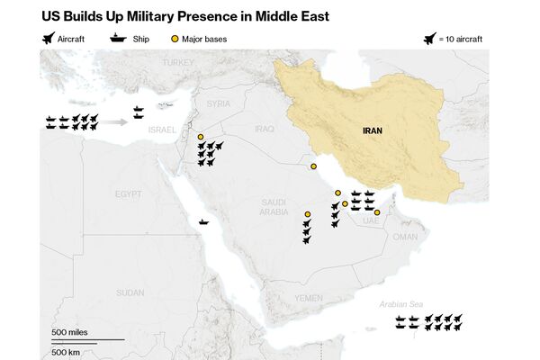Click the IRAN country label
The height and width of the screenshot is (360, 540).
tap(373, 130)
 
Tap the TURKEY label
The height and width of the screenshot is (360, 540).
tap(177, 62)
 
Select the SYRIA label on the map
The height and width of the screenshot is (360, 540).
tap(219, 103)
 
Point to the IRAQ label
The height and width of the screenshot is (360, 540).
tap(263, 129)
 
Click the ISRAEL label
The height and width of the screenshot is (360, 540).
tap(162, 130)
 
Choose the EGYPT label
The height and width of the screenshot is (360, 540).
tap(128, 193)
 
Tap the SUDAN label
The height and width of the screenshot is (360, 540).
tap(130, 292)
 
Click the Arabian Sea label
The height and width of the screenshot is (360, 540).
tap(400, 305)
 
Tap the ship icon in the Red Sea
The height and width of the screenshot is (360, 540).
tap(205, 220)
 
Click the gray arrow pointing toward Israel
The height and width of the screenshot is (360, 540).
tap(112, 120)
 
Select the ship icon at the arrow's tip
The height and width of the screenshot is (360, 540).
tap(138, 112)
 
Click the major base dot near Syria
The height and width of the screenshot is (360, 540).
tap(201, 137)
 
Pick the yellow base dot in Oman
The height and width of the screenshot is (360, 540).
tap(377, 212)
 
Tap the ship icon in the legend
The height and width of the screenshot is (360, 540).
tap(118, 39)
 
